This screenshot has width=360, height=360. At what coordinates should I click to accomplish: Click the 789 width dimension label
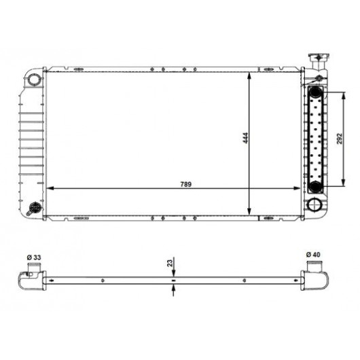[185, 184]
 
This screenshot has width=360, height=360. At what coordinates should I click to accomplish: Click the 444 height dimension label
[245, 138]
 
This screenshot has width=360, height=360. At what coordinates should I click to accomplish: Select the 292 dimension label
[340, 139]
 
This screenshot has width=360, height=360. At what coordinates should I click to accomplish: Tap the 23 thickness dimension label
[170, 263]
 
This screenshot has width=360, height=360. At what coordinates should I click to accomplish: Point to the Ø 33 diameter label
[34, 257]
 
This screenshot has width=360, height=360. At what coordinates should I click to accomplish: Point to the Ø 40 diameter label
[313, 255]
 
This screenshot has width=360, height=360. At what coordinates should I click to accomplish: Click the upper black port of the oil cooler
[315, 92]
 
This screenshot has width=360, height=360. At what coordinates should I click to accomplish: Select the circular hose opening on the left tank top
[34, 79]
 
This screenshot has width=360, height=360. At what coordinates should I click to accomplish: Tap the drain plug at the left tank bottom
[35, 209]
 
